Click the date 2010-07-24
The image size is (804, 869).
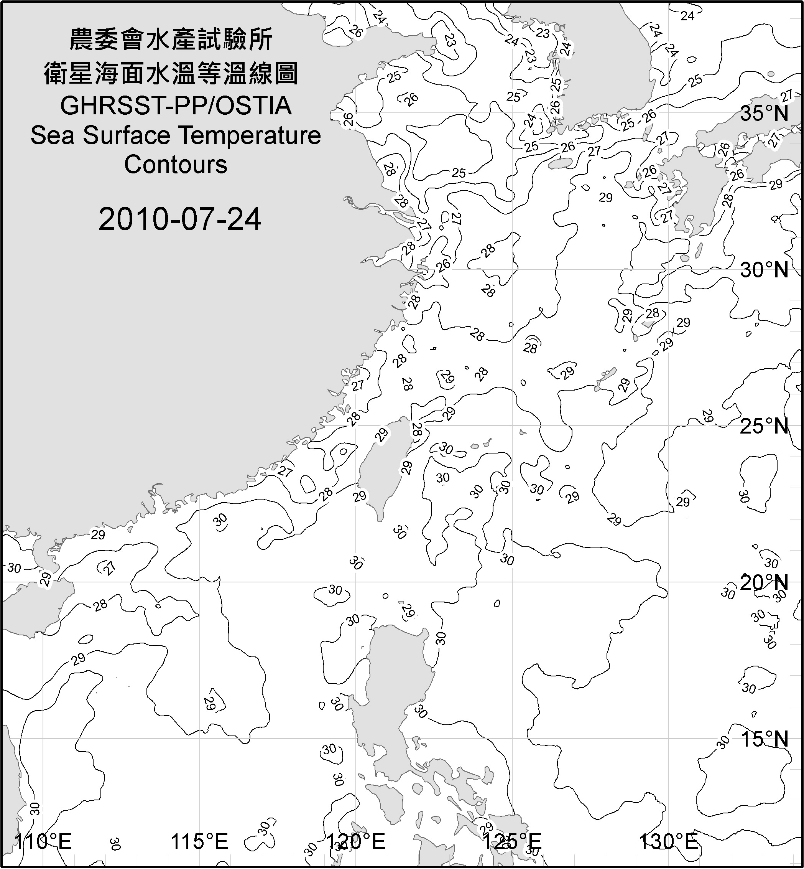[x=180, y=219]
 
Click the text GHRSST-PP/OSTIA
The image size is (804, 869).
[x=176, y=106]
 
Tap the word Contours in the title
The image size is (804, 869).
[x=176, y=165]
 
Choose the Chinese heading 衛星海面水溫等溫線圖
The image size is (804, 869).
[x=171, y=73]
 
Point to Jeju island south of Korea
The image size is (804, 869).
[x=561, y=163]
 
